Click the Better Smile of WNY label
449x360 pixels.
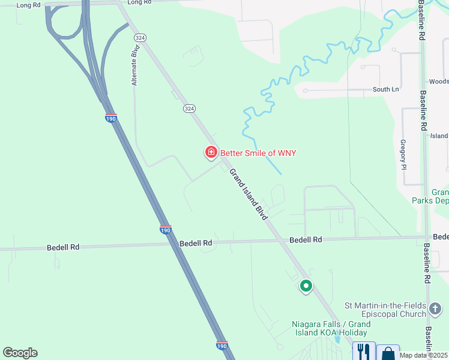point(258,153)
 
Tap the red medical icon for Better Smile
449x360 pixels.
point(211,153)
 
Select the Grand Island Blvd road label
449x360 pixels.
point(248,193)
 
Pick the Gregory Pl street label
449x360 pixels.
point(403,154)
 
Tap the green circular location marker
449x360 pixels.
point(306,286)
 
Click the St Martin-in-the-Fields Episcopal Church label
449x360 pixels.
point(385,310)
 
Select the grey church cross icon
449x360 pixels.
point(436,310)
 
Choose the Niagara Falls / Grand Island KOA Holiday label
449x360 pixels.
point(331,328)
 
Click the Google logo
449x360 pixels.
point(20,353)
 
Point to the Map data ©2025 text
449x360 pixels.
point(424,355)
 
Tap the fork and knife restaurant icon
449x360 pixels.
point(363,350)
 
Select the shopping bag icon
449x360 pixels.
point(388,352)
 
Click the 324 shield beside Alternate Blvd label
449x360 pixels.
point(140,37)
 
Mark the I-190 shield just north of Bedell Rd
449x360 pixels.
point(166,230)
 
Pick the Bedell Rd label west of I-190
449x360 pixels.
point(63,247)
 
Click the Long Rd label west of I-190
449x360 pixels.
point(28,5)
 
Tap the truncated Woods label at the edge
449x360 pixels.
point(438,82)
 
